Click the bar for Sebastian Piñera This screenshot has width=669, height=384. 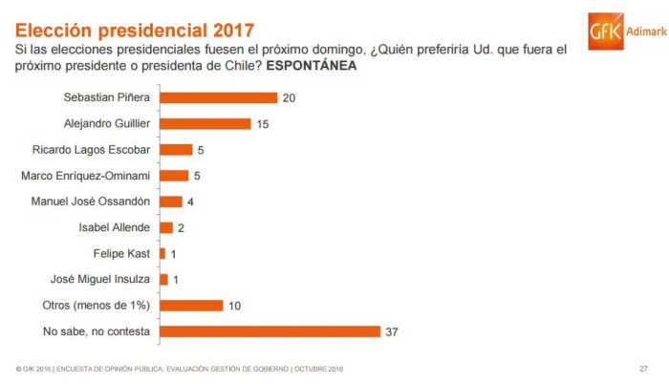[219, 97]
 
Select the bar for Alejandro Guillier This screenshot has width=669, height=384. [205, 123]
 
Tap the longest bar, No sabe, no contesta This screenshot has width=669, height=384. [270, 331]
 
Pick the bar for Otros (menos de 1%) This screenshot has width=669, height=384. [191, 306]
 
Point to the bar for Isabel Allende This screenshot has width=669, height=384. [166, 227]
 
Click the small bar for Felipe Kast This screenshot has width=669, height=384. [162, 253]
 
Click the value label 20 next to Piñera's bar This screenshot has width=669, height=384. [290, 97]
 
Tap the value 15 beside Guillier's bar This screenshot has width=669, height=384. [263, 123]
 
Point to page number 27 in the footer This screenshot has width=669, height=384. [643, 369]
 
